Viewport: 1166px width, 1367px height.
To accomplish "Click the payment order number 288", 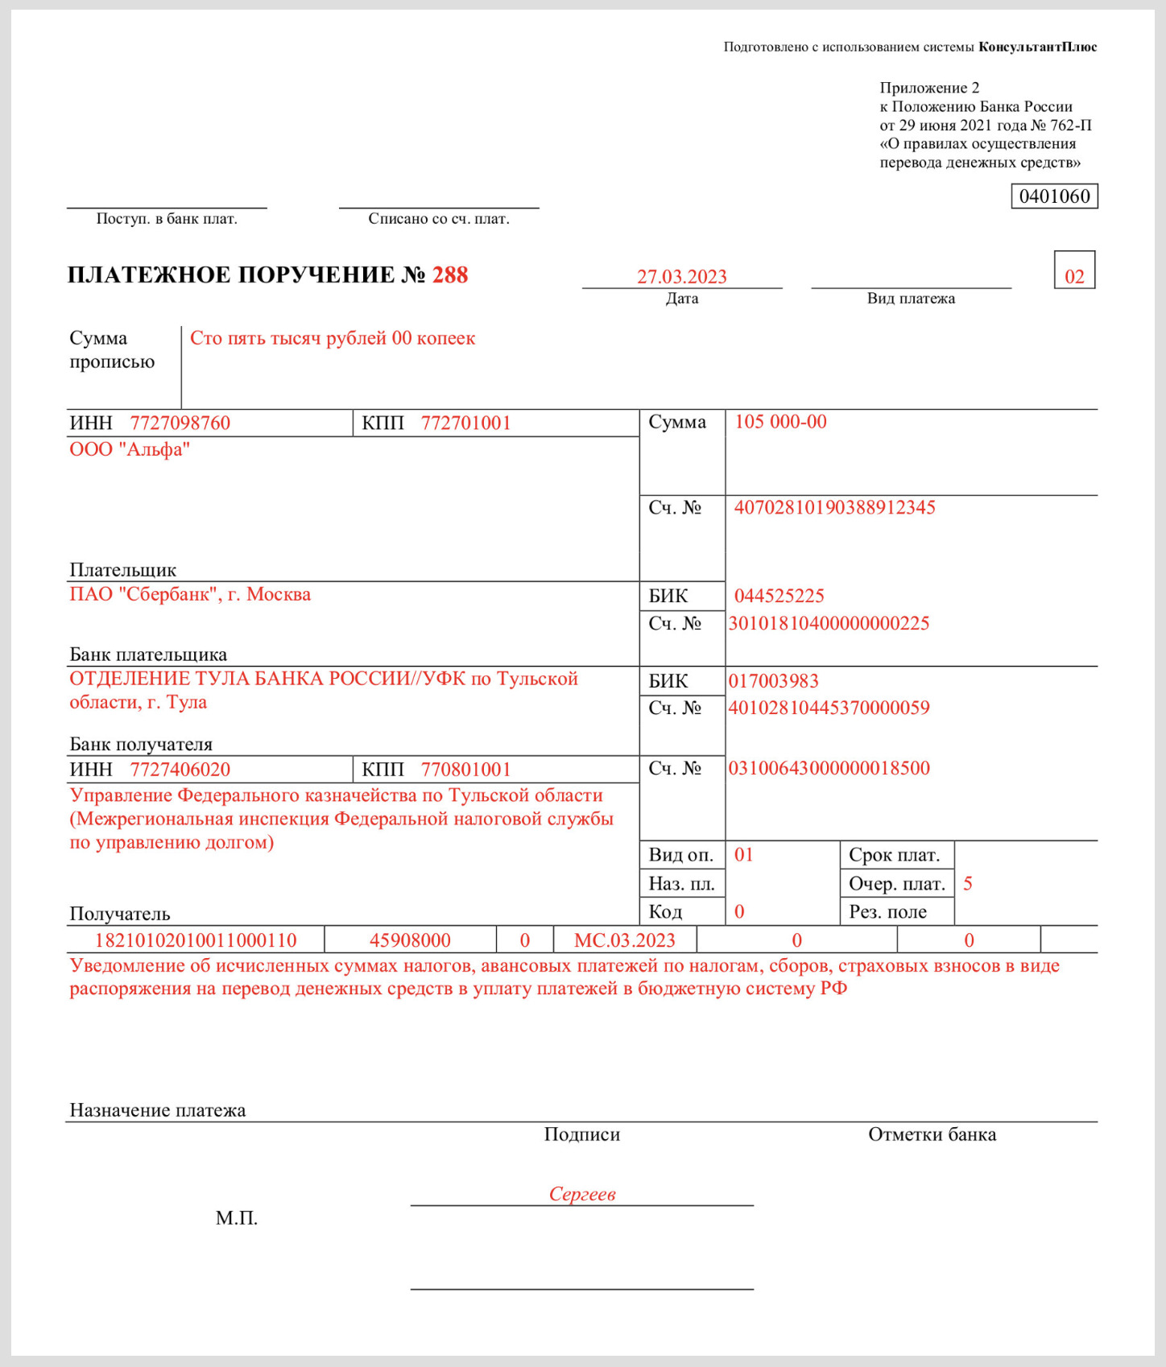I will (449, 275).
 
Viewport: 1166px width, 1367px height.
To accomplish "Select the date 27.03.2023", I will (681, 277).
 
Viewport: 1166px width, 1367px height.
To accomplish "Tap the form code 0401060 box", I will (1054, 196).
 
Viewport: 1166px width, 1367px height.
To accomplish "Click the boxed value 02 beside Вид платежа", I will (1074, 277).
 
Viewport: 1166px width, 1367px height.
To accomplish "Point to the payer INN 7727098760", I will (180, 423).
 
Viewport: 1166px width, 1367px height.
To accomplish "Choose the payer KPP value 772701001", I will (465, 423).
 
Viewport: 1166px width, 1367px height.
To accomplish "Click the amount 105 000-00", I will (780, 422).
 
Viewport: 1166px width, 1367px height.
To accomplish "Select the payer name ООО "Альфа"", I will (130, 449).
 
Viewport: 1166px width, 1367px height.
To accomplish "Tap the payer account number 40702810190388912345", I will (834, 507).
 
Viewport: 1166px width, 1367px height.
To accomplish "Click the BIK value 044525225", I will (779, 596).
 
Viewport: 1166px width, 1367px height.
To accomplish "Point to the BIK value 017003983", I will (773, 681).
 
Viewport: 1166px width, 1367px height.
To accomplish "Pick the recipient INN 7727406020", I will (180, 770).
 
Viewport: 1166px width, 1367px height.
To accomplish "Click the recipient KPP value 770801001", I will (465, 770).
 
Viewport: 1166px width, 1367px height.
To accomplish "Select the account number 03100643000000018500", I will (829, 768).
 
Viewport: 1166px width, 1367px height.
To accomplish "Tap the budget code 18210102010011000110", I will (196, 940).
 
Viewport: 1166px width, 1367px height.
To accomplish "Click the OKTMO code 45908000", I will (410, 940).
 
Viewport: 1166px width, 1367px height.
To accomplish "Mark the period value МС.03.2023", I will (624, 940).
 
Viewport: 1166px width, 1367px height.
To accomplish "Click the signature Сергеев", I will (581, 1194).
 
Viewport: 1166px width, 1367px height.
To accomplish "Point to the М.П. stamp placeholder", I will (236, 1218).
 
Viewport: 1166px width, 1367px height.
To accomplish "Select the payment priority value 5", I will (967, 884).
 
